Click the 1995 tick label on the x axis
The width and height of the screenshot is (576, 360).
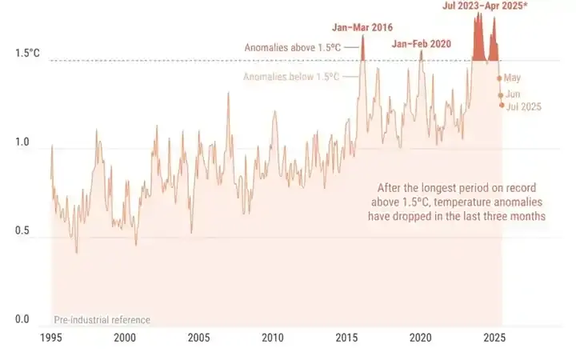[50, 338]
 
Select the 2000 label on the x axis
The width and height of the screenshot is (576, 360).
[124, 338]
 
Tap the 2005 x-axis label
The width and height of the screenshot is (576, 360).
[198, 338]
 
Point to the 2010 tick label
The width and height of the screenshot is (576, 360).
[273, 338]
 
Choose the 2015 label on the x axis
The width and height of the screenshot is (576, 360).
[347, 338]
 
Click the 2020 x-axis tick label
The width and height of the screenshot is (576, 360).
[422, 338]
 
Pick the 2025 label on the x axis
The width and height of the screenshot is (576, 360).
[495, 338]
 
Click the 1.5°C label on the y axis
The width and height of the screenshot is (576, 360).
[26, 54]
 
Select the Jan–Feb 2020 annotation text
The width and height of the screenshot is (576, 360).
[422, 43]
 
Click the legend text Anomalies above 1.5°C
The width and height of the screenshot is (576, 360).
[293, 48]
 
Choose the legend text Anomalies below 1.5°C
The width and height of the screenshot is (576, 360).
[291, 77]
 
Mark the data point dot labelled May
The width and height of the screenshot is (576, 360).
[499, 78]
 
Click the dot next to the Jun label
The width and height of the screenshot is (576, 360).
[500, 95]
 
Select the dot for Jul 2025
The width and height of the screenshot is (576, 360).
[502, 105]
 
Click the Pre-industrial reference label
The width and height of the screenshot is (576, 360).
[102, 320]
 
